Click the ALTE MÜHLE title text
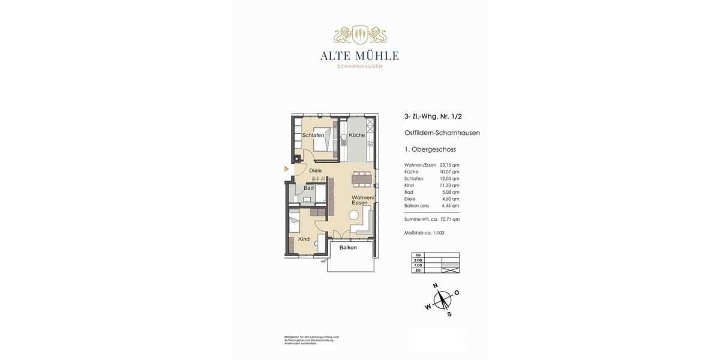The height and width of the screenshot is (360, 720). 359,56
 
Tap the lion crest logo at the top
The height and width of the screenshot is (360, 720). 360,35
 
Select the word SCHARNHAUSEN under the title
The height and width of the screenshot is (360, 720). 360,67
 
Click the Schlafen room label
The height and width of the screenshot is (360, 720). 313,136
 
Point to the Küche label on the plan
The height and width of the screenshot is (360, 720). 357,136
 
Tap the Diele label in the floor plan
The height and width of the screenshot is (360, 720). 316,171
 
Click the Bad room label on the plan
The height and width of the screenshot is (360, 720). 308,188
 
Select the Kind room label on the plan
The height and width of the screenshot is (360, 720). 304,239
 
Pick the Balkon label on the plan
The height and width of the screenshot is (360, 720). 348,248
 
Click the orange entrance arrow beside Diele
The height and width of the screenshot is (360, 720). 287,169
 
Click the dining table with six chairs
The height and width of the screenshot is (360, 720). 362,178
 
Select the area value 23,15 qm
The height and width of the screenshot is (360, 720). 449,165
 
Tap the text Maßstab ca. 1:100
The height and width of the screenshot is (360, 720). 425,233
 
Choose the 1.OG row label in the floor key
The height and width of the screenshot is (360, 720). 418,265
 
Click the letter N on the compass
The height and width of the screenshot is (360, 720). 436,286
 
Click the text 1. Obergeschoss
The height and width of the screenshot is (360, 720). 430,149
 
